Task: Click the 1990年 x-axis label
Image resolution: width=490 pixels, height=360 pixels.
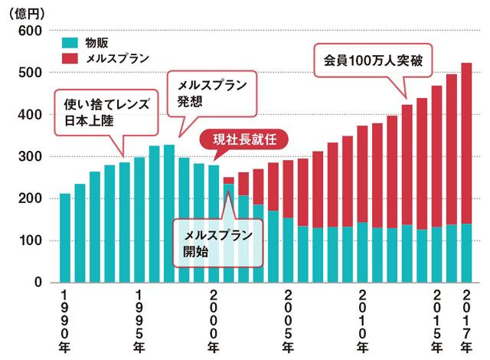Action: coord(65,322)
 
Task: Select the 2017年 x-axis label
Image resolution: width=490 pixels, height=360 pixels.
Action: coord(466,322)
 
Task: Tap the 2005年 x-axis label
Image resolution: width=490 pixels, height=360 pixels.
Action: coord(288,322)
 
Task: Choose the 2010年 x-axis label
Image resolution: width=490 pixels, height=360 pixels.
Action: coord(362,322)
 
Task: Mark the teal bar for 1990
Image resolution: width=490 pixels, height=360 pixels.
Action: coord(65,237)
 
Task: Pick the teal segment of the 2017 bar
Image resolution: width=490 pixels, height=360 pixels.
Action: coord(466,253)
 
